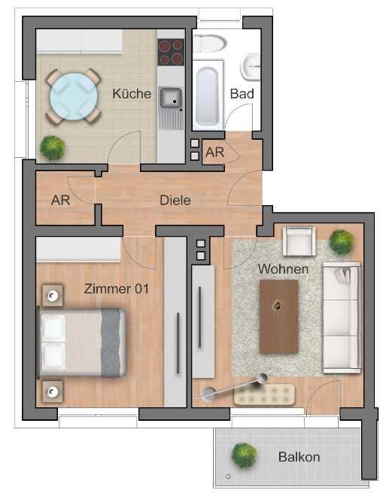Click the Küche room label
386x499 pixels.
coord(132,93)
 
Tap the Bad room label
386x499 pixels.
coord(242,93)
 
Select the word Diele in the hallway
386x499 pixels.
coord(175,200)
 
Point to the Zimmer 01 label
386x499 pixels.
coord(117,289)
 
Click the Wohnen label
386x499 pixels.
coord(283,269)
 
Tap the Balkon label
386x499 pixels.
coord(299,457)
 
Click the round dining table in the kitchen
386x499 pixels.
coord(74,97)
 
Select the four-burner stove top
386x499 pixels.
coord(171,52)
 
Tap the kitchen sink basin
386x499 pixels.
coord(171,98)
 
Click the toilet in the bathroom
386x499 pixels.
coord(209,43)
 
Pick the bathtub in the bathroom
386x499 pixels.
coord(208,95)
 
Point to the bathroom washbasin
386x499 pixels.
coord(251,67)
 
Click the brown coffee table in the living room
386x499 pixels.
coord(279,316)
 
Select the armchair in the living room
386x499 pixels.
coord(299,241)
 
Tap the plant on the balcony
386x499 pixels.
coord(244,455)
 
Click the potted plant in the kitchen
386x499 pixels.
coord(53,148)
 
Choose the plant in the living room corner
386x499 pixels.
coord(342,242)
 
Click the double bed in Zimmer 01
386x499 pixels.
coord(81,343)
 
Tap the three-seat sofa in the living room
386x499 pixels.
coord(342,318)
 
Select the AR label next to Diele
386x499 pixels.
coord(60,200)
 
